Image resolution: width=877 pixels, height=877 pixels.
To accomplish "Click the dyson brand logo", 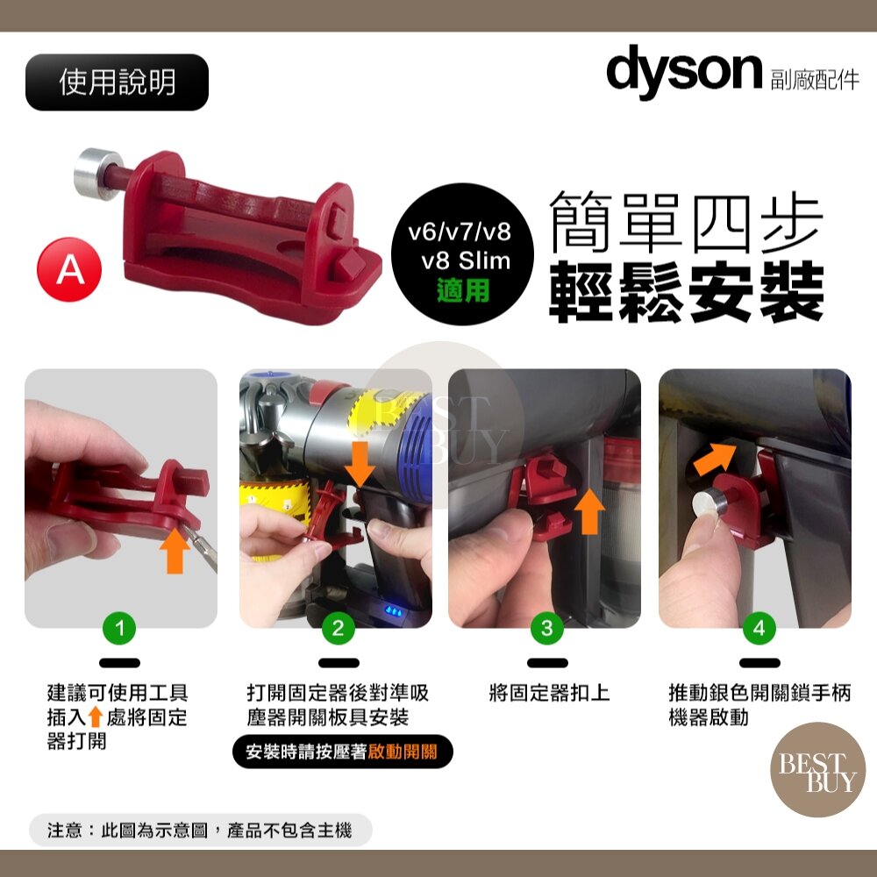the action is click(684, 72).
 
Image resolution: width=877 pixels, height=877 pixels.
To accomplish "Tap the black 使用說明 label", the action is click(117, 82).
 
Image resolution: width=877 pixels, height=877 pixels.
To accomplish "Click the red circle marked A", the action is click(69, 269).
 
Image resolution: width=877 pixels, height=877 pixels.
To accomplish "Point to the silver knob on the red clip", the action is click(93, 174).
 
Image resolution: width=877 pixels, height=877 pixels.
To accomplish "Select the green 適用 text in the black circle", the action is click(463, 291).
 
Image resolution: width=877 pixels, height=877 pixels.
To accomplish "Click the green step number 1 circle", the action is click(119, 628).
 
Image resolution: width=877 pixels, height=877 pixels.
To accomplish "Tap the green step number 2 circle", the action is click(338, 628).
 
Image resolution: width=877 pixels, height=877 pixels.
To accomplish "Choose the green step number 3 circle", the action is click(547, 628).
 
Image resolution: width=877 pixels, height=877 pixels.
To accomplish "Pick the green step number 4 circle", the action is click(759, 628).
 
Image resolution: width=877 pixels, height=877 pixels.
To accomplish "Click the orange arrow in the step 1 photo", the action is click(175, 551).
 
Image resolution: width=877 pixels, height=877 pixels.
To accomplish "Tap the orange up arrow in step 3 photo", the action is click(589, 511).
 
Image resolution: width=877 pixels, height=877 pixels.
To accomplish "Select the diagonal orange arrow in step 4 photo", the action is click(714, 460).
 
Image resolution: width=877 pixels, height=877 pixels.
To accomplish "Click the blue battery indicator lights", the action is click(394, 611).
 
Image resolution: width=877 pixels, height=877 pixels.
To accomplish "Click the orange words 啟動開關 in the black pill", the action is click(403, 752).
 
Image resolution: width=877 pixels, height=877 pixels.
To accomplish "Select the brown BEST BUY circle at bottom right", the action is click(817, 770).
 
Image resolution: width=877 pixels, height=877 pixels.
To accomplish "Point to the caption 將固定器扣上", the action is click(549, 693).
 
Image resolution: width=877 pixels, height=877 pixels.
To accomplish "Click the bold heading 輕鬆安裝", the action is click(687, 294).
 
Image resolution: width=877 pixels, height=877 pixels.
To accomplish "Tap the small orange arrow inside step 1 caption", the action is click(96, 717).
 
